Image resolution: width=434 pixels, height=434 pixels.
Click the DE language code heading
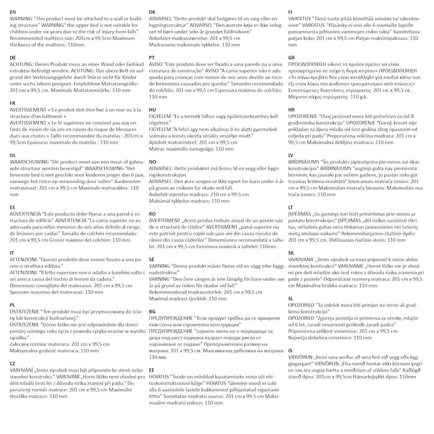point(13,57)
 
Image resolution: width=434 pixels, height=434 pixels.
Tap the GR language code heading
point(291,57)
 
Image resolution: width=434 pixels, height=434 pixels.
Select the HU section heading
point(152,109)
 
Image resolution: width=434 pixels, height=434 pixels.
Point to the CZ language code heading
point(13,364)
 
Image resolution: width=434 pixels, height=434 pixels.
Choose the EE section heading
point(152,370)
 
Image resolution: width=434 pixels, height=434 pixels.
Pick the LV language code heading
point(291,155)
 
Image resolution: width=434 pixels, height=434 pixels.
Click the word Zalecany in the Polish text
point(20,344)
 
